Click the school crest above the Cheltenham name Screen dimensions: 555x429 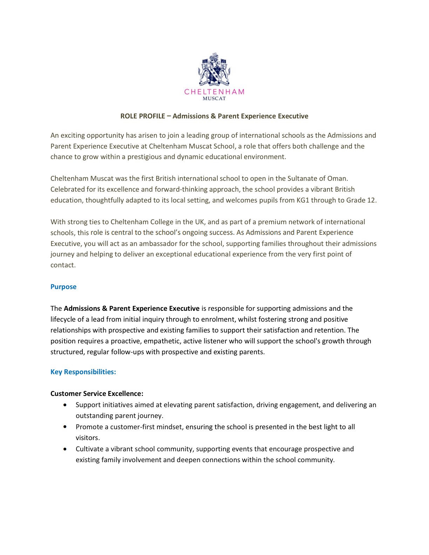(214, 70)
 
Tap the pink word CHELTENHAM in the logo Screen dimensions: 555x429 (214, 92)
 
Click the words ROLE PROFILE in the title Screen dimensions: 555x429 (142, 116)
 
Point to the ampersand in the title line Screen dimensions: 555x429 (213, 116)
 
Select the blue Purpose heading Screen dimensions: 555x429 (63, 287)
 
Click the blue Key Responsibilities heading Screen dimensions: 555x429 (83, 372)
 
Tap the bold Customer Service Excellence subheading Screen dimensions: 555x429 (97, 393)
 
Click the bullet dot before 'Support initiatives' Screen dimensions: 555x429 (65, 405)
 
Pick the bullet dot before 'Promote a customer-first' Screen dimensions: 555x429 (65, 427)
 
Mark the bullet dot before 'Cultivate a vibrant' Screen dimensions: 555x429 (65, 449)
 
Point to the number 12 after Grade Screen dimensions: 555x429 (370, 200)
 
